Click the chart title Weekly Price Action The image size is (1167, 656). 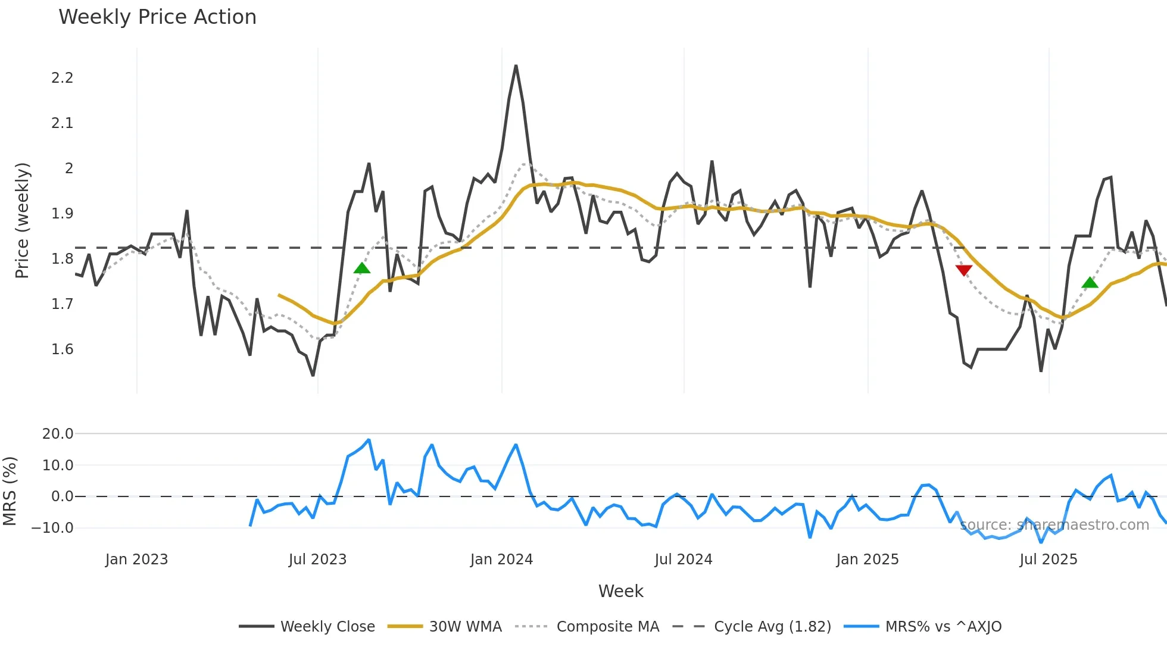157,17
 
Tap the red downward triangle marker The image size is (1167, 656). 963,270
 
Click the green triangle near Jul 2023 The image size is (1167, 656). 362,268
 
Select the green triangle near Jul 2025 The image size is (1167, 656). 1090,283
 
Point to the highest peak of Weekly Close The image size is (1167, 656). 516,66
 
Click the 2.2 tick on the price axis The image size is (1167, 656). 62,78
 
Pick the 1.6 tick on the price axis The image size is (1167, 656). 62,349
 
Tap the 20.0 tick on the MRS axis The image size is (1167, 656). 58,434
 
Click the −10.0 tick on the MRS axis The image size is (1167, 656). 52,528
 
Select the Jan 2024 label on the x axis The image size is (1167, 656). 501,560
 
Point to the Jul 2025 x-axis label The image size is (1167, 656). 1048,560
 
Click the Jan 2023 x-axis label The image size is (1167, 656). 136,560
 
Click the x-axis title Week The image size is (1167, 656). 620,591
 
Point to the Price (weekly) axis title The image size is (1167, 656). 22,220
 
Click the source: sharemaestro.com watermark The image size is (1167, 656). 1054,525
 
